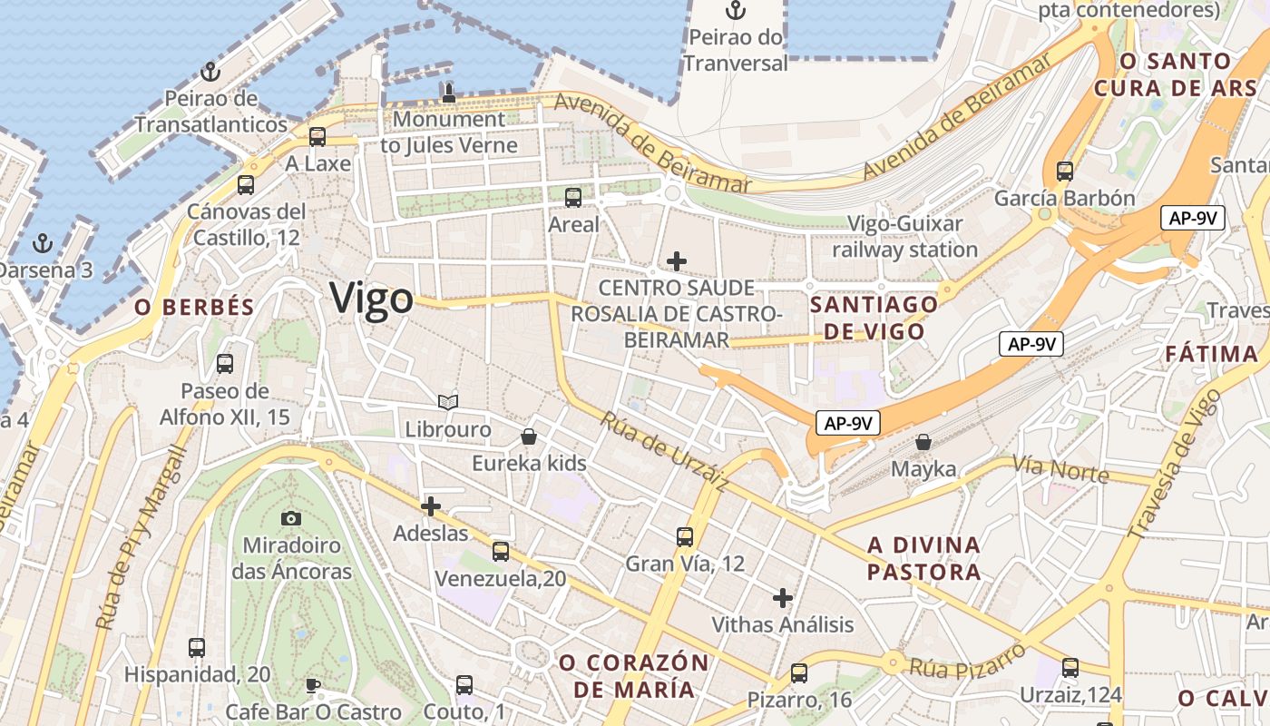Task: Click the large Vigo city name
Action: (x=371, y=298)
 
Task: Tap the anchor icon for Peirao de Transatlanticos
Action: (x=210, y=71)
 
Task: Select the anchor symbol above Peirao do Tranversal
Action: (x=736, y=11)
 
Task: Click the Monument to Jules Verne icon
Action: (x=448, y=92)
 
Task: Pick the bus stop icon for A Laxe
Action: (x=317, y=137)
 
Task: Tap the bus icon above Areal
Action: (x=572, y=197)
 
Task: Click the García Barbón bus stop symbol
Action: (x=1064, y=171)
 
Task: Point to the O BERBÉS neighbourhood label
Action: (x=194, y=308)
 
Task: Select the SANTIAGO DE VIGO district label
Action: (x=874, y=318)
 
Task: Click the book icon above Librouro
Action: (x=447, y=401)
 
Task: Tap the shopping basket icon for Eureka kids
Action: (x=529, y=437)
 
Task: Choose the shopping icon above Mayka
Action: (x=923, y=442)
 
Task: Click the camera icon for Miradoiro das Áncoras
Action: (x=290, y=518)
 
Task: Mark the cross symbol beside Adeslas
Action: (x=431, y=506)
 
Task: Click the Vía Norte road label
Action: (x=1060, y=470)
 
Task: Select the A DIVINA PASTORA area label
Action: (x=924, y=558)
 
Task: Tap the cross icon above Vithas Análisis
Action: (x=782, y=597)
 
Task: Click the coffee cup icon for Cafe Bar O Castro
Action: (x=312, y=685)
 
